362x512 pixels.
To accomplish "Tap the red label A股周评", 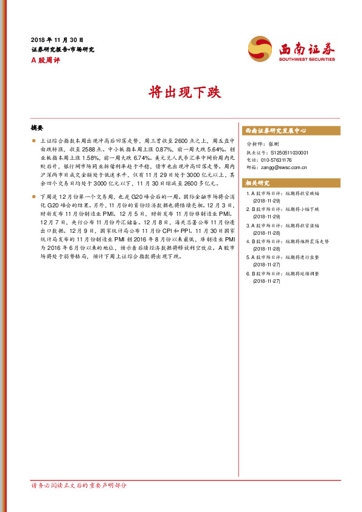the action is pyautogui.click(x=46, y=60).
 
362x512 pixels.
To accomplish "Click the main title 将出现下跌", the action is pyautogui.click(x=181, y=93).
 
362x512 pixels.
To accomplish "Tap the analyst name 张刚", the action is pyautogui.click(x=274, y=144).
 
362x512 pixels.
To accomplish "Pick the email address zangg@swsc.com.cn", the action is pyautogui.click(x=284, y=167).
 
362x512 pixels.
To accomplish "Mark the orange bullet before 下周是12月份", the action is pyautogui.click(x=34, y=197).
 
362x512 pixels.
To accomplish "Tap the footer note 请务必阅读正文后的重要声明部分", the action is pyautogui.click(x=79, y=485).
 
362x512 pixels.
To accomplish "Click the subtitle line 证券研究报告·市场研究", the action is pyautogui.click(x=62, y=49).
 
